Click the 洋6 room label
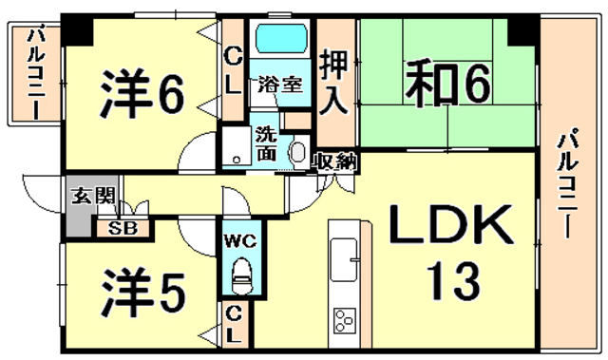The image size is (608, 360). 142,93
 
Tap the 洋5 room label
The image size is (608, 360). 142,293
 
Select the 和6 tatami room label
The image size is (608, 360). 447,85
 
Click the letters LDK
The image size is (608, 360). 450,225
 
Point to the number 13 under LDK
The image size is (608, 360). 453,281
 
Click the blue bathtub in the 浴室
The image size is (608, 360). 281,38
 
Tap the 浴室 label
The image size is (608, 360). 280,85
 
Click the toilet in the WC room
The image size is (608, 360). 241,275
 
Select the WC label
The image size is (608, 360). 240,242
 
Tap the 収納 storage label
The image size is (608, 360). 335,161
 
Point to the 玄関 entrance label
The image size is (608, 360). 94,196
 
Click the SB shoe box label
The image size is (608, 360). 123,229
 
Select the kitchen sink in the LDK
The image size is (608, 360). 343,259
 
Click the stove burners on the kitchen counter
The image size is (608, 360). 345,320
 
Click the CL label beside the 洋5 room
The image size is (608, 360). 234,325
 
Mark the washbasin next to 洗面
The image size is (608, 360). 298,153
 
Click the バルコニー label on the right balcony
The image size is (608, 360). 568,185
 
